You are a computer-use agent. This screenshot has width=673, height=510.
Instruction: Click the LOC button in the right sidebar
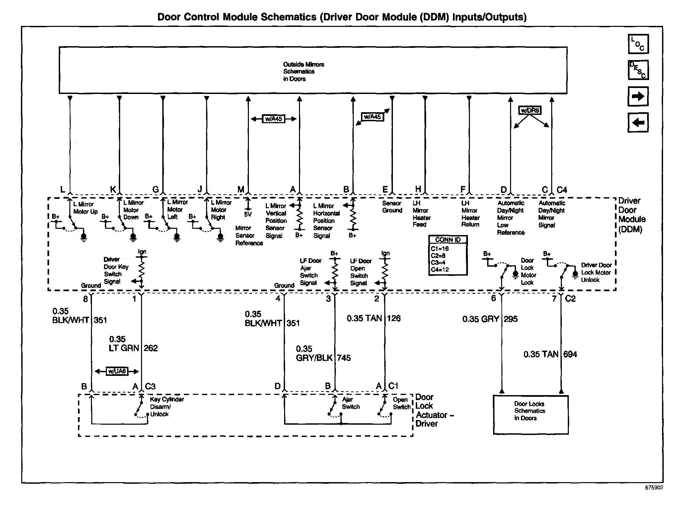coord(638,44)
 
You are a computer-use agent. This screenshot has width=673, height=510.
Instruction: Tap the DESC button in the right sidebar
coord(638,70)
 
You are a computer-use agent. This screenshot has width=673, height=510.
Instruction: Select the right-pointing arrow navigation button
coord(638,97)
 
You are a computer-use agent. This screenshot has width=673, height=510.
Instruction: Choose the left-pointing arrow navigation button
coord(638,123)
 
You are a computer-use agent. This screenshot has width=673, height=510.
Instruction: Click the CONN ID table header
coord(448,240)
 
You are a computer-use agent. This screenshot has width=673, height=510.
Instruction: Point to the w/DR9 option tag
coord(530,110)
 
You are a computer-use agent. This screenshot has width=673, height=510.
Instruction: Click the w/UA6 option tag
coord(117,371)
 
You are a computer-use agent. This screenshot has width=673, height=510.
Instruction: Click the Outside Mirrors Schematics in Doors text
coord(303,72)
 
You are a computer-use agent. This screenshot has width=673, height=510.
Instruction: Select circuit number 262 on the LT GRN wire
coord(151,348)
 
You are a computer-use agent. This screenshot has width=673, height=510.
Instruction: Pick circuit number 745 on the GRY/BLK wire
coord(344,358)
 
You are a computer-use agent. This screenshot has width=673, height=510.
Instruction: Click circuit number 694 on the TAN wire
coord(570,355)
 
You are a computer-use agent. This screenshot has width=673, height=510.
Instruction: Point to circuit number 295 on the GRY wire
coord(511,319)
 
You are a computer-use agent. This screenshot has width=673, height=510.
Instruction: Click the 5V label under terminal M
coord(248,214)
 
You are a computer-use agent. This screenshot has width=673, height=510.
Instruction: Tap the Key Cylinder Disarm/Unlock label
coord(167,407)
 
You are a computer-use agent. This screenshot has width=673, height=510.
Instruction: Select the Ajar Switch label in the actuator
coord(351,403)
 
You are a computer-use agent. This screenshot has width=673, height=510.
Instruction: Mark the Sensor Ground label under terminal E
coord(392,207)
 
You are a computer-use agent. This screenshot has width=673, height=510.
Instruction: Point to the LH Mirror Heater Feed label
coord(421,214)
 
